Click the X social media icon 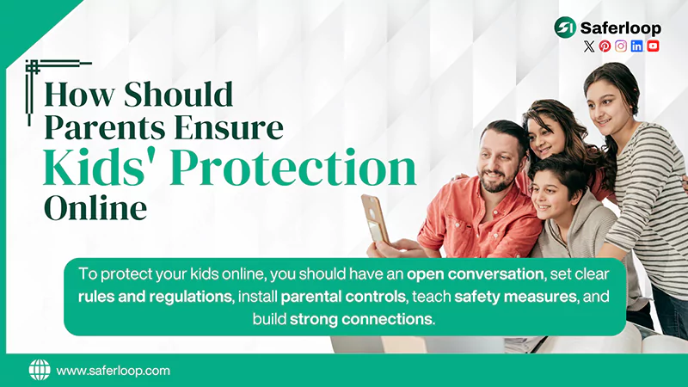pyautogui.click(x=589, y=46)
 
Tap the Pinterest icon pyautogui.click(x=605, y=46)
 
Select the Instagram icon pyautogui.click(x=621, y=46)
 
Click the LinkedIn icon pyautogui.click(x=636, y=46)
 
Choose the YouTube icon pyautogui.click(x=653, y=46)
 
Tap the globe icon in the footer pyautogui.click(x=40, y=370)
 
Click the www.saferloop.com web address pyautogui.click(x=113, y=371)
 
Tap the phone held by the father pyautogui.click(x=373, y=218)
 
